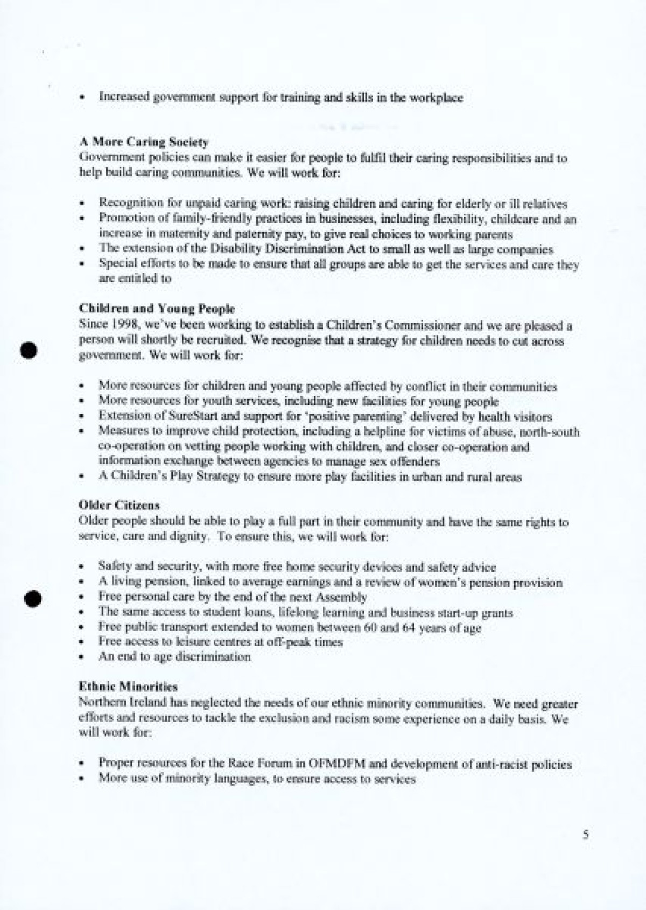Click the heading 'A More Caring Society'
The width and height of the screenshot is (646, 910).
tap(143, 143)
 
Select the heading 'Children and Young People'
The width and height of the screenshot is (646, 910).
tap(157, 309)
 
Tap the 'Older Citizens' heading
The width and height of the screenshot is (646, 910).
tap(119, 506)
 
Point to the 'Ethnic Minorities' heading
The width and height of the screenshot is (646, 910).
tap(128, 687)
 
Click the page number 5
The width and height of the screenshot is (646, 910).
tap(586, 835)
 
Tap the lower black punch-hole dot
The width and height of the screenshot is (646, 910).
tap(33, 598)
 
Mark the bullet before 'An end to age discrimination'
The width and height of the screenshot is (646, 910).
tap(81, 657)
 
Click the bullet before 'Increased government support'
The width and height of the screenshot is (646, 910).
tap(82, 99)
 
